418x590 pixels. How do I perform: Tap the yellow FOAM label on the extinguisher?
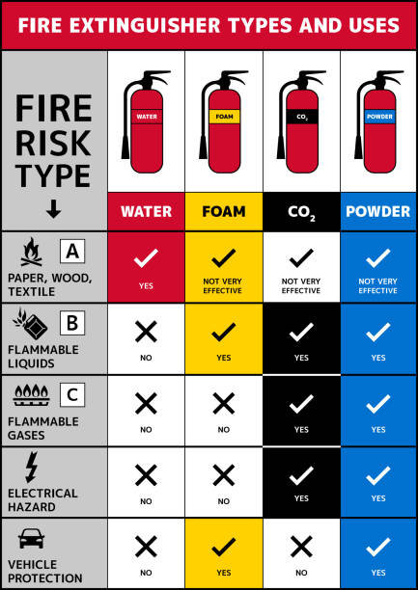tap(224, 117)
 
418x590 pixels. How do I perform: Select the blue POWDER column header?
tap(378, 211)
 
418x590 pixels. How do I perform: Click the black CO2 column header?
tap(301, 211)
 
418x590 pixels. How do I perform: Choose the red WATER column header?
tap(146, 211)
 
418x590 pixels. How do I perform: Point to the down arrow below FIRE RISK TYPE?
tap(54, 209)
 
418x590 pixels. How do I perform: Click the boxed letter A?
tap(72, 252)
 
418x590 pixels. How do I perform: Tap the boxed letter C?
tap(72, 395)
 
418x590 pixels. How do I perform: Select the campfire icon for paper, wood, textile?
tap(32, 253)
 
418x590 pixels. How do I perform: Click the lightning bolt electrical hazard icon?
tap(32, 467)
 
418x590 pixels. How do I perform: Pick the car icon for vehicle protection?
tap(31, 539)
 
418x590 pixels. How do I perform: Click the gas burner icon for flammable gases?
tap(32, 395)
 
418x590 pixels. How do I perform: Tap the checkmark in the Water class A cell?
tap(146, 258)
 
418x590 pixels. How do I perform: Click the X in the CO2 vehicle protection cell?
tap(301, 547)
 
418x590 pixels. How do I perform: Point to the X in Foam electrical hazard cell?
tap(224, 475)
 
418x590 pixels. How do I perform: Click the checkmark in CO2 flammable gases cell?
tap(301, 404)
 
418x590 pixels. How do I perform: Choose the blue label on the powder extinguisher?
tap(379, 117)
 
